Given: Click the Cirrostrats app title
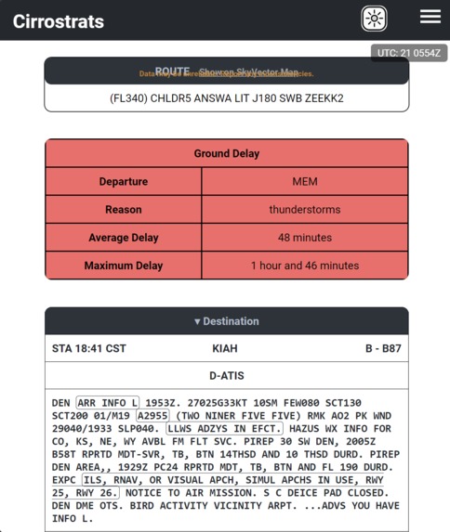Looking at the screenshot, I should (x=59, y=20).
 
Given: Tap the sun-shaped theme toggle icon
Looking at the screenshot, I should (x=374, y=19).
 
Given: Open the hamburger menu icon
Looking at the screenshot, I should (x=430, y=17).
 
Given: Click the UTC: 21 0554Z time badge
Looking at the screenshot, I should (x=409, y=53).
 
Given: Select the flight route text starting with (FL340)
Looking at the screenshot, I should (x=226, y=97).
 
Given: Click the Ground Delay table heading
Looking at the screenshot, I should (x=226, y=153).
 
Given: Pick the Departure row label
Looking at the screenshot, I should (x=124, y=181).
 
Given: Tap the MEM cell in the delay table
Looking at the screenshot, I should (x=305, y=181).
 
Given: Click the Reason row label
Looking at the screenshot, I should (x=124, y=209).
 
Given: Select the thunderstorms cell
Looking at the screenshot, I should (x=305, y=209).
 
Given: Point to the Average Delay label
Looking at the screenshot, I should (x=124, y=237).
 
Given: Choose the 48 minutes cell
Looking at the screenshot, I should (x=305, y=237).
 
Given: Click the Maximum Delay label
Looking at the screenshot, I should (x=124, y=265).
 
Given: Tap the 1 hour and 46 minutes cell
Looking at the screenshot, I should (x=305, y=265).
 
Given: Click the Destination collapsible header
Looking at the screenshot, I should (x=226, y=321).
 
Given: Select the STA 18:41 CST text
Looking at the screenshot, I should (x=89, y=348).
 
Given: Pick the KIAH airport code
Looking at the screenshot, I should (x=225, y=348).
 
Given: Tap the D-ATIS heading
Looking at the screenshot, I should (x=226, y=375).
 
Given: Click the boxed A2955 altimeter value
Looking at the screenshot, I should (x=153, y=416).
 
